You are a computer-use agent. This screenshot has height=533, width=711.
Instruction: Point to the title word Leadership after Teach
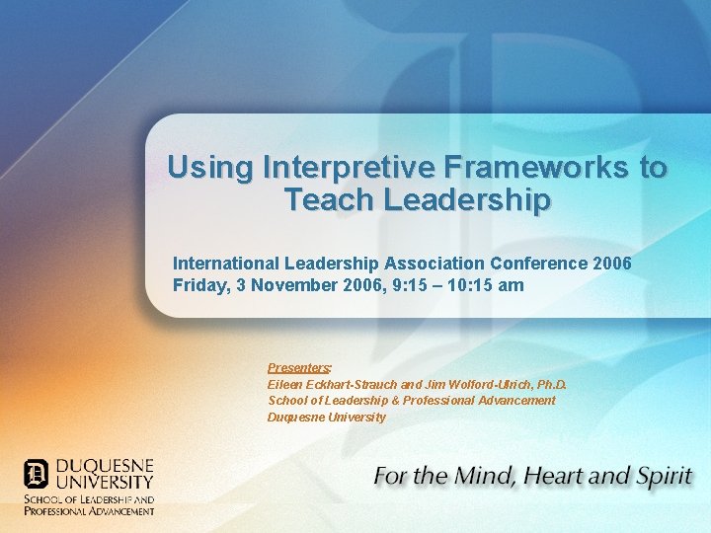click(x=467, y=200)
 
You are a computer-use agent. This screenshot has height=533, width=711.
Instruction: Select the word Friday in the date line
click(x=197, y=285)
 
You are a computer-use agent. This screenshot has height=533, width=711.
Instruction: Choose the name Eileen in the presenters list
click(x=286, y=384)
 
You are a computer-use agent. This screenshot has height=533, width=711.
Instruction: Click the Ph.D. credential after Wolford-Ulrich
click(x=551, y=384)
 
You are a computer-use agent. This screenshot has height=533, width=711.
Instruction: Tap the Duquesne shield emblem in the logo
click(x=36, y=474)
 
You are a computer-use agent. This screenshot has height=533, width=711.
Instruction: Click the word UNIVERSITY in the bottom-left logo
click(x=103, y=483)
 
